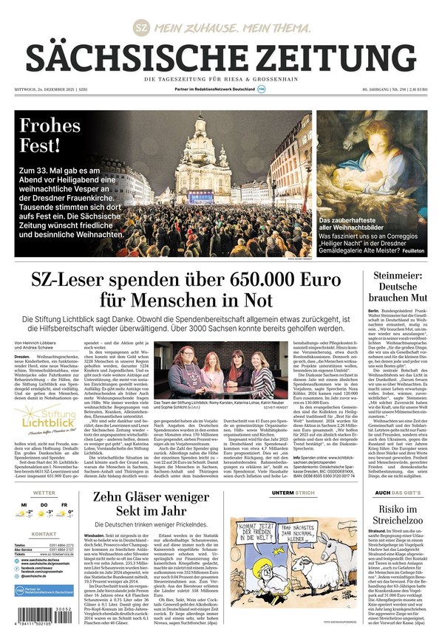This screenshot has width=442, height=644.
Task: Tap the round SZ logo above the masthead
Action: pos(140,27)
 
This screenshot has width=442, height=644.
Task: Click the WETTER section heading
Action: pos(44,493)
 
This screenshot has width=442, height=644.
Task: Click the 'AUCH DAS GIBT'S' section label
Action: pos(397,493)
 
